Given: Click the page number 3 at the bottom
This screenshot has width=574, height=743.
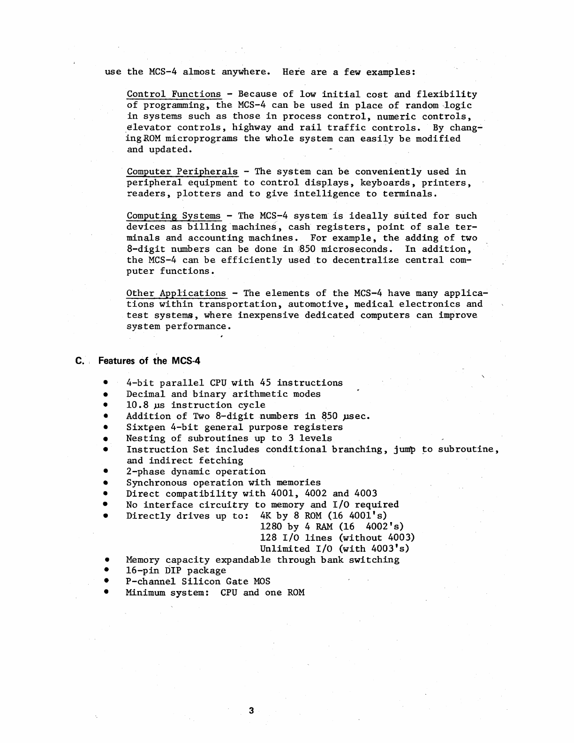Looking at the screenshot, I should pos(251,711).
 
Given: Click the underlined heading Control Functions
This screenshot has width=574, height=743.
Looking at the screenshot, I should pos(174,94).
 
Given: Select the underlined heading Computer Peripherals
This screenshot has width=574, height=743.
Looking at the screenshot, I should pos(182,172).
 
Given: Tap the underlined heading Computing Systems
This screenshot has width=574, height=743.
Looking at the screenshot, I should pos(174,216).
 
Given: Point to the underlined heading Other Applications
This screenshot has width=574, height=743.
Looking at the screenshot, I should pos(176,293).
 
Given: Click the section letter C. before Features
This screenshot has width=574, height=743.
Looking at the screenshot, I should pos(79,361).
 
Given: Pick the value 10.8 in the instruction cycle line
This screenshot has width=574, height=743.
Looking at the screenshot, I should pos(137,405).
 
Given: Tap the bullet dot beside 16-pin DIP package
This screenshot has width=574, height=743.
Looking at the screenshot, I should pos(107,571).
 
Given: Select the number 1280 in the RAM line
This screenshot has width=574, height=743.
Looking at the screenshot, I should pos(271,527).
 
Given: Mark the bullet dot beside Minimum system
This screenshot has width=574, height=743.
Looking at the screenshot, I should pos(107,593).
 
